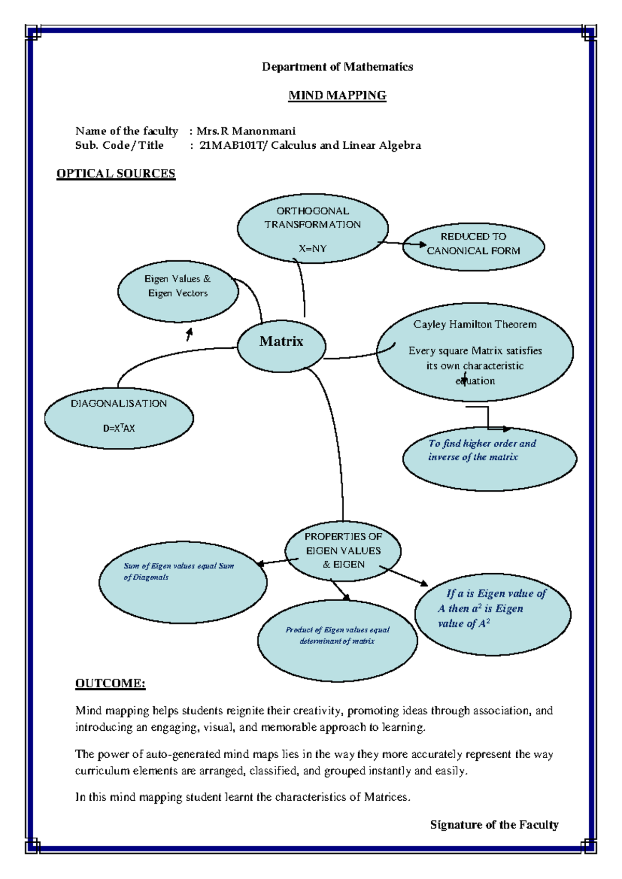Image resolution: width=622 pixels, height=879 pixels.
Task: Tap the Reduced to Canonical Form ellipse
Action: [473, 247]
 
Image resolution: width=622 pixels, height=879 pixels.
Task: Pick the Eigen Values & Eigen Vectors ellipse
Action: [178, 291]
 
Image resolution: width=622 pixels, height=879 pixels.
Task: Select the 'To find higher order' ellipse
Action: [489, 459]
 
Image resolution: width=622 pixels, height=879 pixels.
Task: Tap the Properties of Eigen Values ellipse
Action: [343, 550]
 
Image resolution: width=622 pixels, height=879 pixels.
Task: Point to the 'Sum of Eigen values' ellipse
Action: [183, 582]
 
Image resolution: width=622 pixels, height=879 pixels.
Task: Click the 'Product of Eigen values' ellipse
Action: [337, 640]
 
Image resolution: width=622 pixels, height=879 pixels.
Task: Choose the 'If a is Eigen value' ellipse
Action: [492, 614]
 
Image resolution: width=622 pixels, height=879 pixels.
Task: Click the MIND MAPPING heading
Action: [337, 95]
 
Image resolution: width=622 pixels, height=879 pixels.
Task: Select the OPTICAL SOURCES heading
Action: [116, 174]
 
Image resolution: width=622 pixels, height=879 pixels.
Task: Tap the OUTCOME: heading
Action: [110, 683]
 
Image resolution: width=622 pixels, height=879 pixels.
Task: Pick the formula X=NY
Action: [313, 248]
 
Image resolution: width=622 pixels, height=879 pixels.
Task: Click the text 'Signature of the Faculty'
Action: [494, 825]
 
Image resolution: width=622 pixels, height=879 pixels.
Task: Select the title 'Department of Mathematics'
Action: [337, 67]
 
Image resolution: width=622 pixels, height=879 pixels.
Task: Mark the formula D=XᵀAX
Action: [119, 428]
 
